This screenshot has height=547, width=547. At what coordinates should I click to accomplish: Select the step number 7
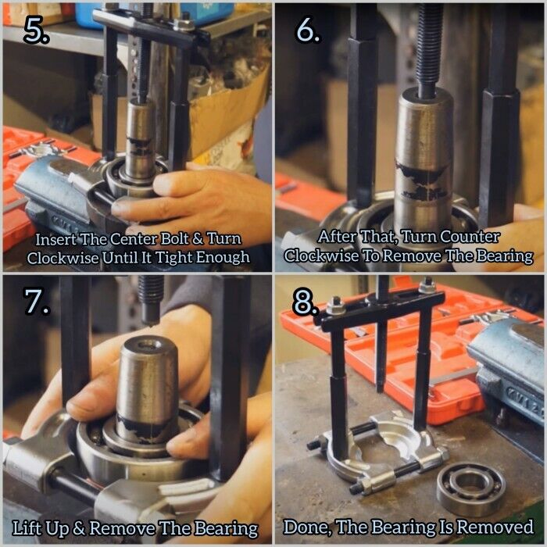[x=36, y=300]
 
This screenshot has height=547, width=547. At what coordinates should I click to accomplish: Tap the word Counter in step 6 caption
[x=469, y=237]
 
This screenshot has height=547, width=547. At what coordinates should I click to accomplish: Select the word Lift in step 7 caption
[x=26, y=527]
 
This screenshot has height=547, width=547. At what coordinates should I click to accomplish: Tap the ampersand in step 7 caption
[x=79, y=528]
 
